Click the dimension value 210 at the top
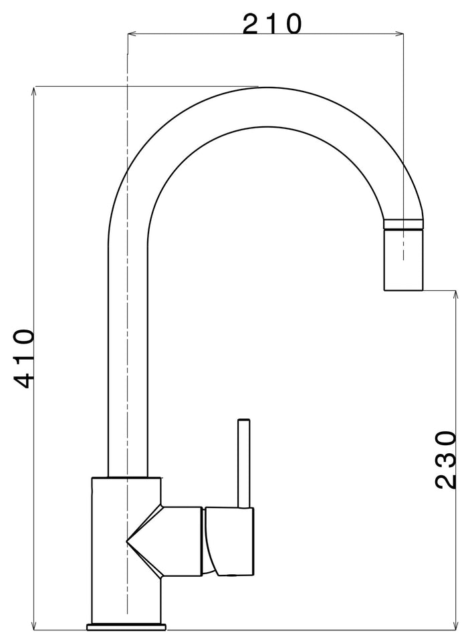[271, 24]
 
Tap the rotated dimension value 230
[445, 460]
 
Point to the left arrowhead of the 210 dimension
[132, 33]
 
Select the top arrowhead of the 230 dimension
[457, 295]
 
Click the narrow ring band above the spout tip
[403, 224]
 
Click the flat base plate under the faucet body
[126, 626]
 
